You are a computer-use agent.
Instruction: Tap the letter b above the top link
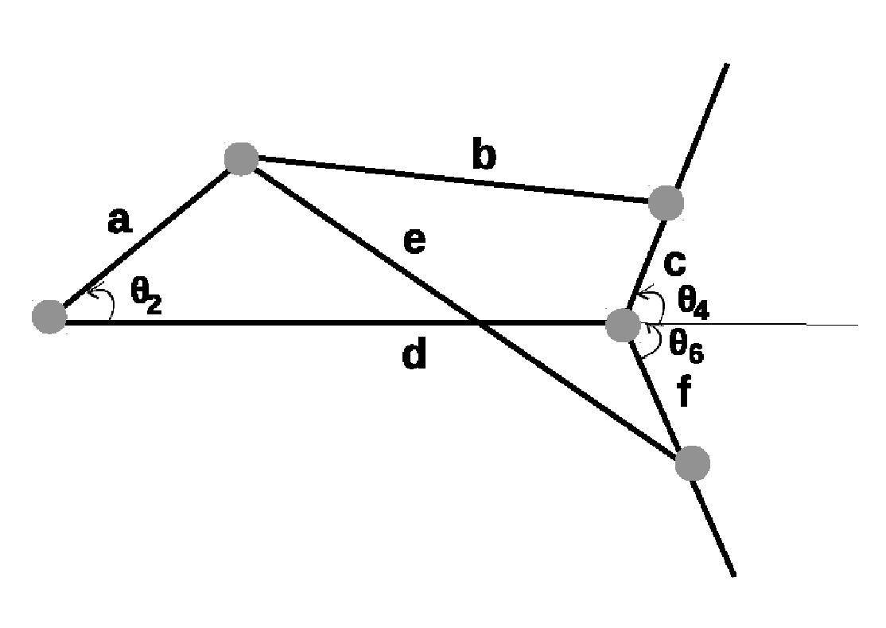pyautogui.click(x=484, y=157)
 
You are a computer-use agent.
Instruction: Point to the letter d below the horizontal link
pyautogui.click(x=414, y=356)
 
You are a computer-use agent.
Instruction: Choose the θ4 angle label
pyautogui.click(x=692, y=301)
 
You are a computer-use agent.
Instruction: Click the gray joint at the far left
pyautogui.click(x=49, y=317)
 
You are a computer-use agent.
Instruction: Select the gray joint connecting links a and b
pyautogui.click(x=241, y=158)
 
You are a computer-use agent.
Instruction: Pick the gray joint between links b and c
pyautogui.click(x=666, y=203)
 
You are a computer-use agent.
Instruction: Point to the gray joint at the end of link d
pyautogui.click(x=622, y=326)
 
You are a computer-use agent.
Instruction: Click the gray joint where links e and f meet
pyautogui.click(x=692, y=463)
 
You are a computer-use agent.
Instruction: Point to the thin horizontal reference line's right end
pyautogui.click(x=857, y=325)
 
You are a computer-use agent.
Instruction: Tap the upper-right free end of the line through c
pyautogui.click(x=725, y=65)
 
